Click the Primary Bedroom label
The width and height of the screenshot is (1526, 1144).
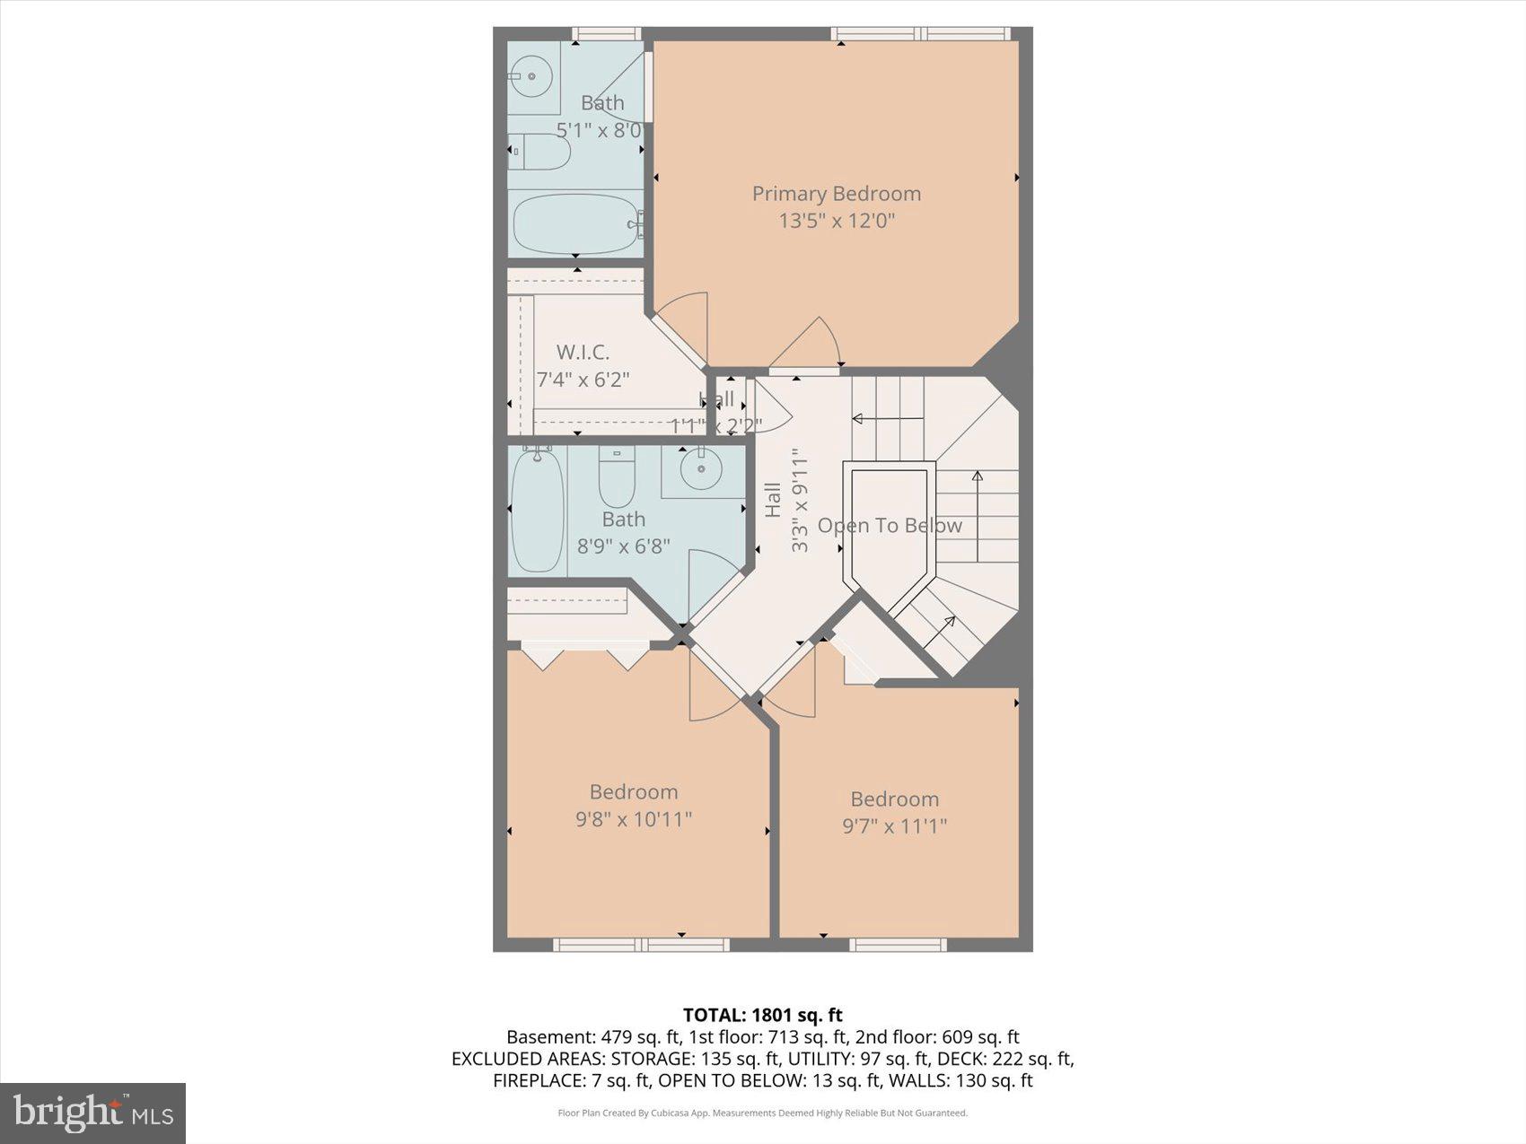836,194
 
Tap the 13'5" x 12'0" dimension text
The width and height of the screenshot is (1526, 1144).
836,221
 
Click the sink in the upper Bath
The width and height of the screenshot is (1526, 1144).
532,76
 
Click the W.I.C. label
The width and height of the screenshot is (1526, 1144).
583,353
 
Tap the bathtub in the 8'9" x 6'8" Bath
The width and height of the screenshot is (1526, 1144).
537,511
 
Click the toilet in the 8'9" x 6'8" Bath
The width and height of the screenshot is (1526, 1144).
617,480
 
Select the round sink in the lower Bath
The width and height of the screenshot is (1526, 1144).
699,467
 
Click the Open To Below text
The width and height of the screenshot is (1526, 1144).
890,526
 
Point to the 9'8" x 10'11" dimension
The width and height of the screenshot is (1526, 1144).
634,819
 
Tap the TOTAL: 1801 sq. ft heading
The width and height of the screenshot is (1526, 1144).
762,1015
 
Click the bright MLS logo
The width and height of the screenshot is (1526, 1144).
92,1113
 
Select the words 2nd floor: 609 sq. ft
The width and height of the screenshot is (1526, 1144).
936,1037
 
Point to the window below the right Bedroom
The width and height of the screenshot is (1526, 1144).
898,944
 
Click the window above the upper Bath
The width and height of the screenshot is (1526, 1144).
607,34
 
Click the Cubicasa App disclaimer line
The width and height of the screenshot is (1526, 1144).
762,1113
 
